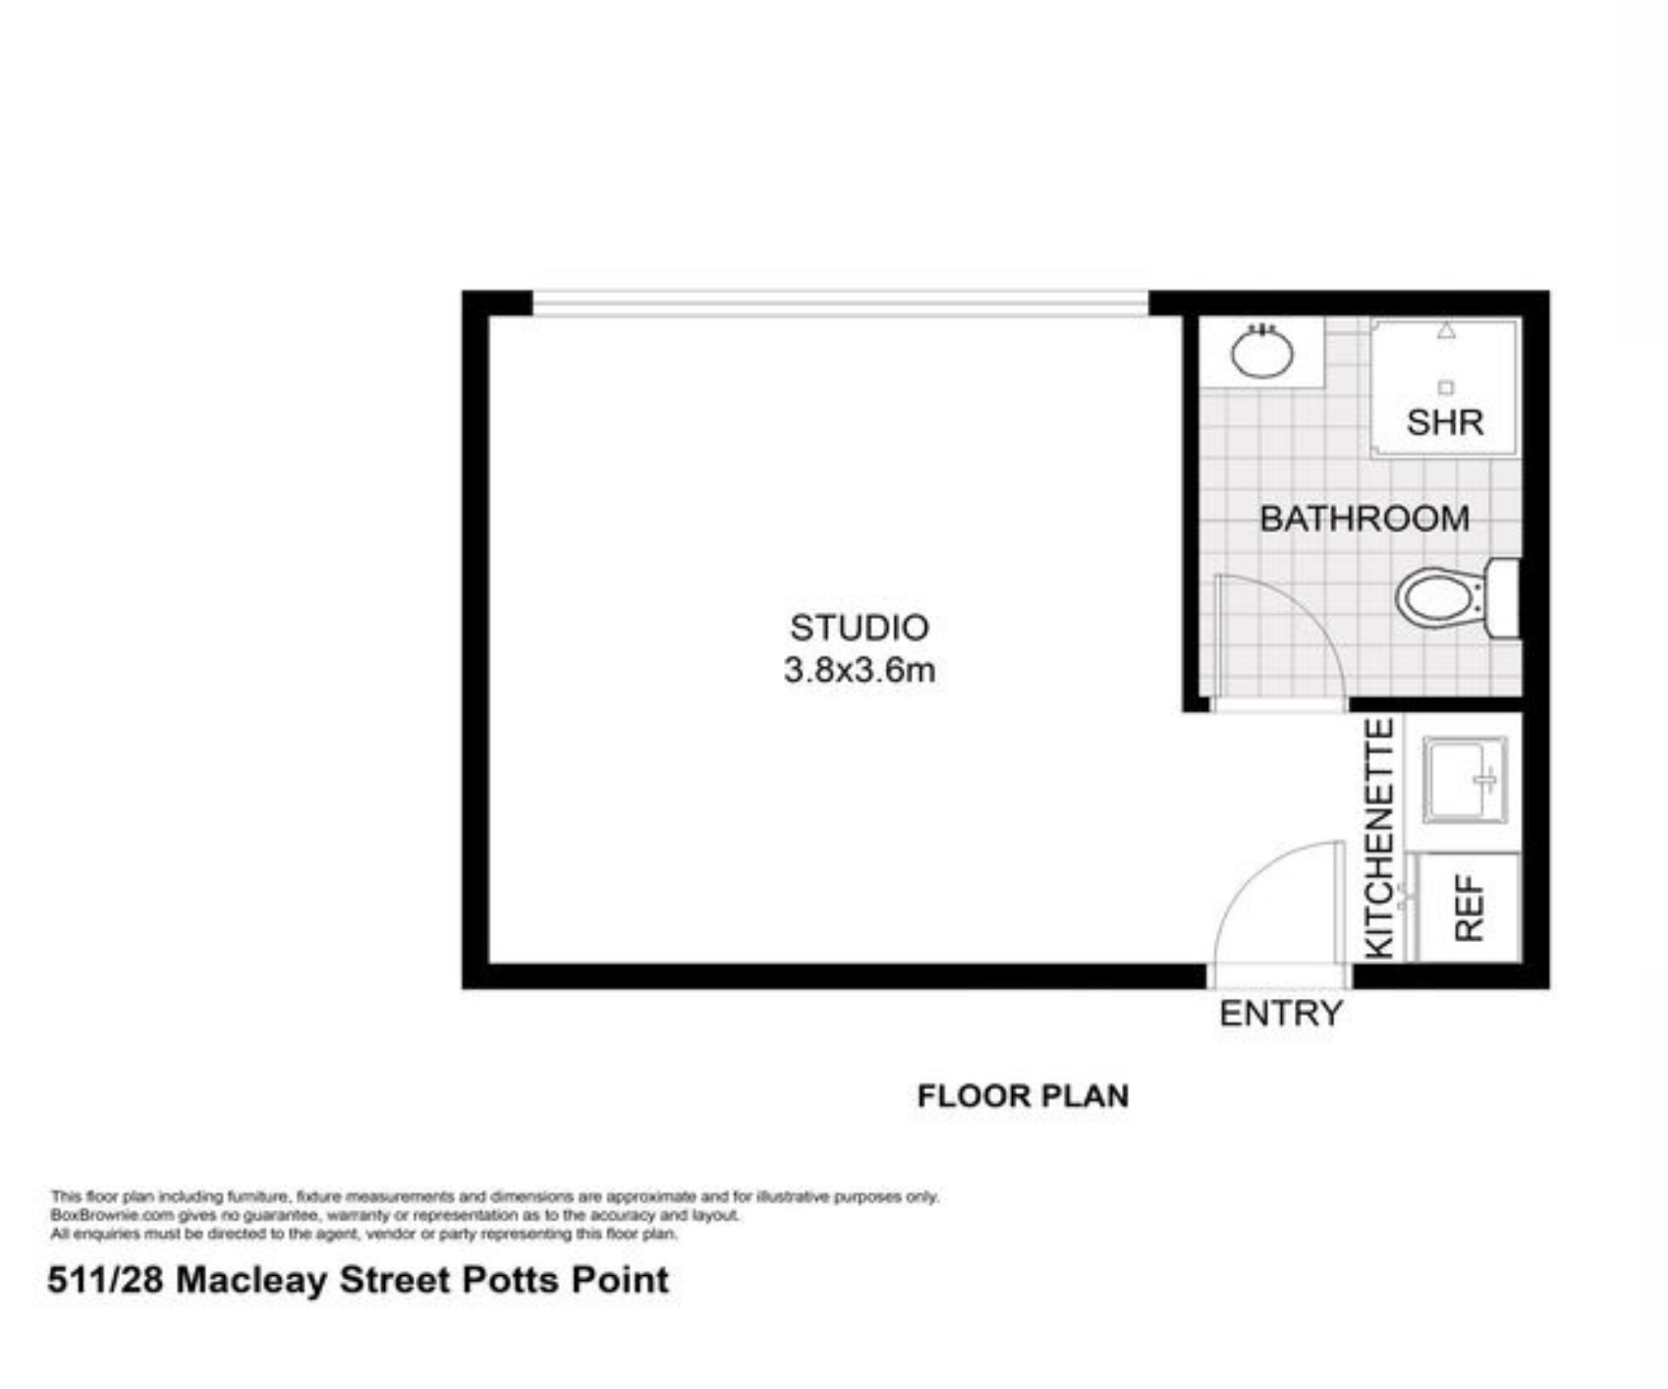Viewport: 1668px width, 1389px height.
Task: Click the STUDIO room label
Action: click(859, 628)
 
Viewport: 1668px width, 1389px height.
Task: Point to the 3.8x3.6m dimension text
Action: click(859, 670)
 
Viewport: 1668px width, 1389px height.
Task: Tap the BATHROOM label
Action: click(1364, 519)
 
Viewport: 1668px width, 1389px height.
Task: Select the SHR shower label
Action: click(1444, 422)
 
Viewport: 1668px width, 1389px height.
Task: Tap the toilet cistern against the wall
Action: click(1503, 597)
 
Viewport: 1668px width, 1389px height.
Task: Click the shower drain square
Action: click(1445, 388)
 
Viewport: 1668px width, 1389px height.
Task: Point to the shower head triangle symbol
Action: click(1446, 331)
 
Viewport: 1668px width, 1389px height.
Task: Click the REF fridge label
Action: click(1470, 909)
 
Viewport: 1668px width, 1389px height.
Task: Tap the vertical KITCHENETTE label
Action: click(1380, 838)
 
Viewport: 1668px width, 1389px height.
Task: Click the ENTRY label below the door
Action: click(1281, 1013)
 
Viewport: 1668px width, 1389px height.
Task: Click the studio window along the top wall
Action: click(840, 303)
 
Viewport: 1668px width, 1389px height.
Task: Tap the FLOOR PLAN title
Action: click(1023, 1095)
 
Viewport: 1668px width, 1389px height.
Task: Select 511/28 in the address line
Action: click(107, 1280)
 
